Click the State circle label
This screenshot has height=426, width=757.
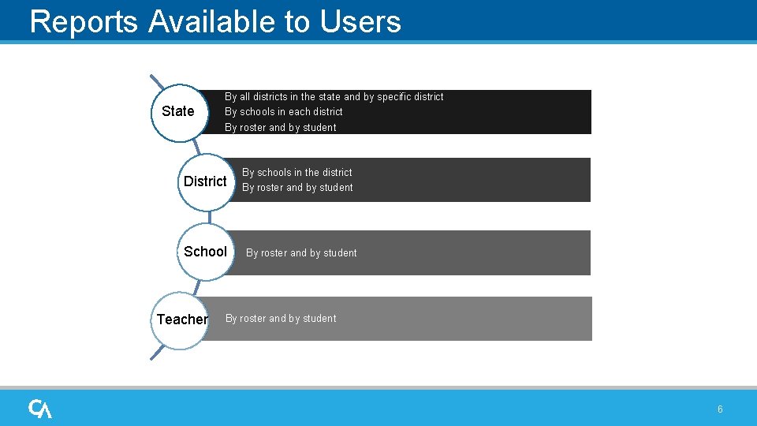(178, 111)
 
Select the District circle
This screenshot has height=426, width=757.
(205, 181)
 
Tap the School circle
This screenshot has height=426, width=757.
(205, 252)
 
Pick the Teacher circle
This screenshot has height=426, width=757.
(181, 319)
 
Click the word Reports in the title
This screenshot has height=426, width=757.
(84, 21)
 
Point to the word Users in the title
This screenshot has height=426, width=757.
(360, 21)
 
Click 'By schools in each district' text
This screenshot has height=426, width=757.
(284, 112)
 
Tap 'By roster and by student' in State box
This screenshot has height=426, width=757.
(281, 128)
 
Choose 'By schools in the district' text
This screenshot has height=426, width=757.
(297, 173)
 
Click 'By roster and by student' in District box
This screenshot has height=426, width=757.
(297, 188)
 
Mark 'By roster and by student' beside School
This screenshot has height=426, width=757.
(301, 253)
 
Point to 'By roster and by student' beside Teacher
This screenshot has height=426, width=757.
(281, 319)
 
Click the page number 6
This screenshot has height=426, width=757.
(720, 409)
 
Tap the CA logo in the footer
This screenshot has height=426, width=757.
(40, 409)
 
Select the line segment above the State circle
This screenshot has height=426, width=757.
(157, 81)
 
